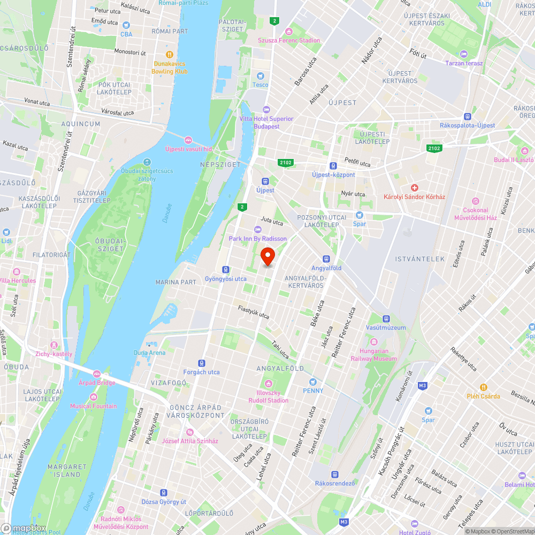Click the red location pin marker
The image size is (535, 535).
pyautogui.click(x=267, y=256)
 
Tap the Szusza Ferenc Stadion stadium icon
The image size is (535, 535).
pyautogui.click(x=289, y=32)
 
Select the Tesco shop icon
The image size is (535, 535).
pyautogui.click(x=261, y=76)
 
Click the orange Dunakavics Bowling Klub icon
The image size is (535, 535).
pyautogui.click(x=170, y=54)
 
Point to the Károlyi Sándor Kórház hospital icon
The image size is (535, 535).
pyautogui.click(x=414, y=188)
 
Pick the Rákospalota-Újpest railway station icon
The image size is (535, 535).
pyautogui.click(x=467, y=116)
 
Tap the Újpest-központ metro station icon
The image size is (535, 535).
pyautogui.click(x=333, y=166)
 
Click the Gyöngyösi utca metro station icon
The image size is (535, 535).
pyautogui.click(x=226, y=270)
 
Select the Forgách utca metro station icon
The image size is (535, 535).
pyautogui.click(x=202, y=363)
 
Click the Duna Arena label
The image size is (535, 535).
pyautogui.click(x=149, y=353)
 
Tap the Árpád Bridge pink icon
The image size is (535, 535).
pyautogui.click(x=97, y=374)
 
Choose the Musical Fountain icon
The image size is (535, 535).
pyautogui.click(x=94, y=396)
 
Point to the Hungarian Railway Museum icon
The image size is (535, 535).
pyautogui.click(x=374, y=342)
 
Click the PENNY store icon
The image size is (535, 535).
pyautogui.click(x=313, y=381)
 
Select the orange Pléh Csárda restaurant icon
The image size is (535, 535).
pyautogui.click(x=483, y=387)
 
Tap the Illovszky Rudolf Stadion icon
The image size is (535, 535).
pyautogui.click(x=268, y=383)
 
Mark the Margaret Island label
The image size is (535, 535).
pyautogui.click(x=67, y=470)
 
